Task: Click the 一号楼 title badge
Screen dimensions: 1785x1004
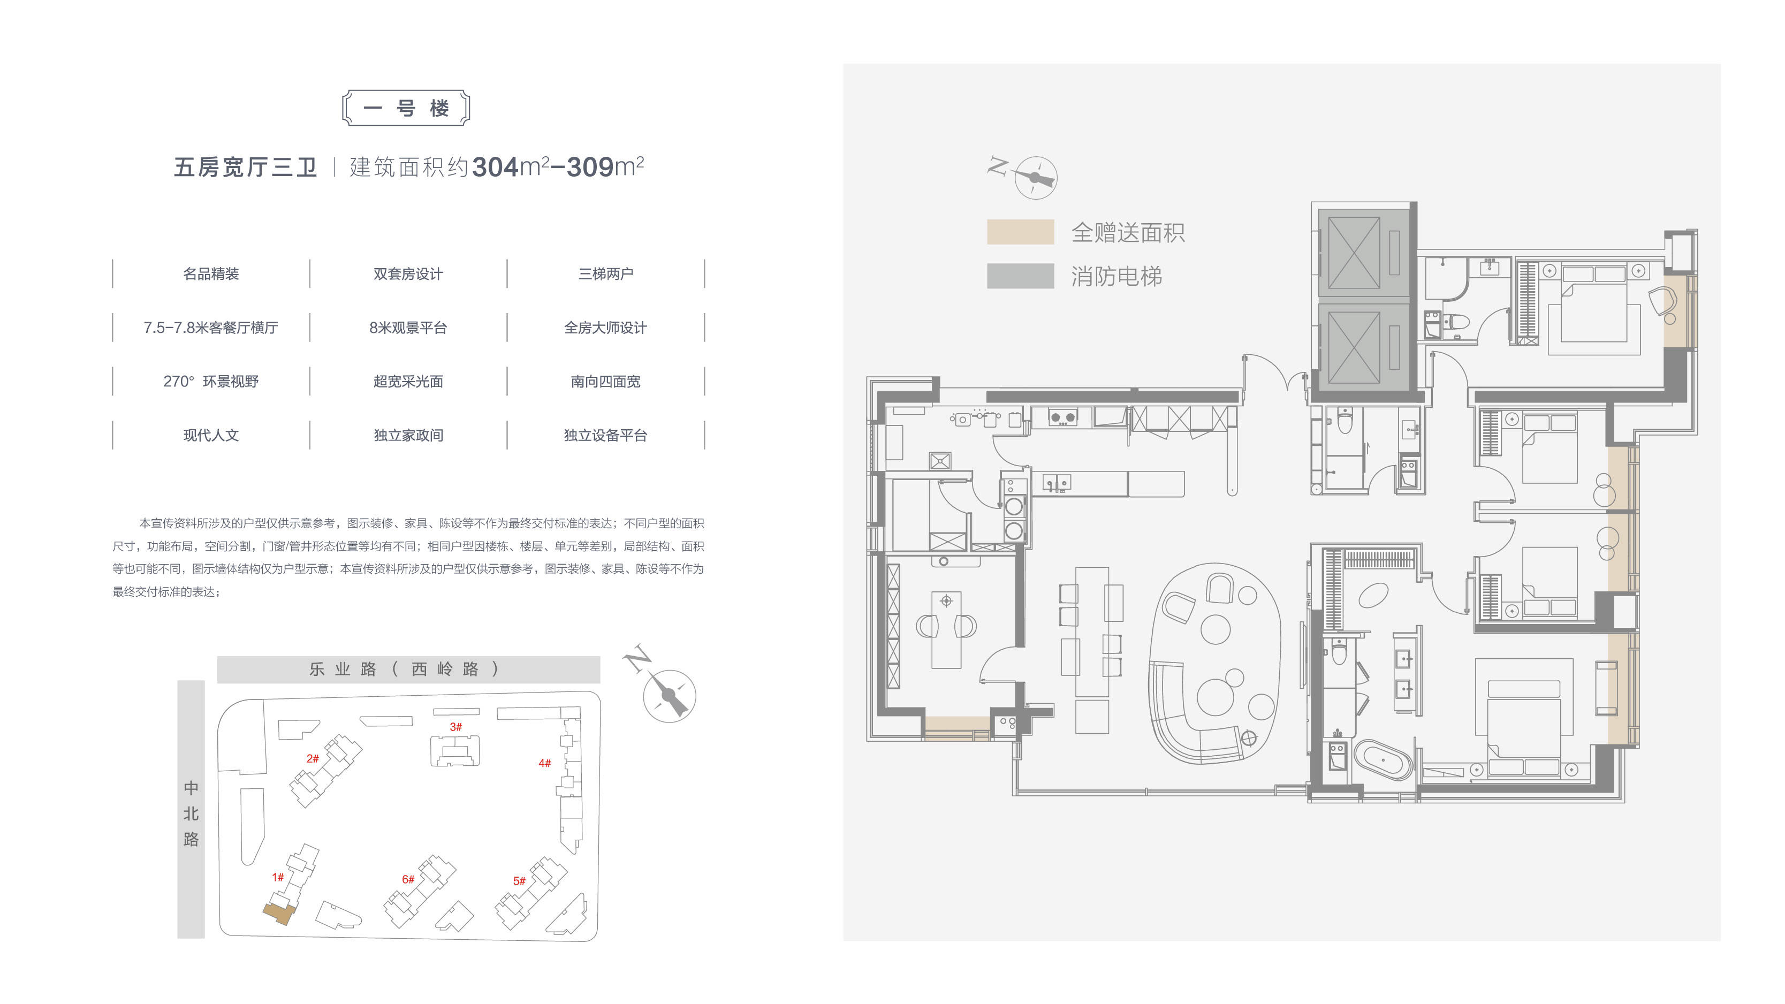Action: (406, 108)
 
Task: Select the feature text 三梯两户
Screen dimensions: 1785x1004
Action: (606, 273)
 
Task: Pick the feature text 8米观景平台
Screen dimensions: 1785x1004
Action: (408, 328)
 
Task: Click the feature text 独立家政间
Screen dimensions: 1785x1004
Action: (408, 435)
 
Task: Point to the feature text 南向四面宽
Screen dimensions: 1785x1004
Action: (606, 382)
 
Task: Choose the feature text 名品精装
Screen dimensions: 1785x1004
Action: (211, 273)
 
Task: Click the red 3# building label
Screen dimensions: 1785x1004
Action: (455, 727)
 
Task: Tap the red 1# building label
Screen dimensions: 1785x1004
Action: (278, 877)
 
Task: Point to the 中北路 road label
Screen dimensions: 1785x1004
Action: (191, 813)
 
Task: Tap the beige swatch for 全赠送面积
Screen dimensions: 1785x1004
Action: (1020, 232)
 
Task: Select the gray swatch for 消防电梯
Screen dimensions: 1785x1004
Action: (1020, 276)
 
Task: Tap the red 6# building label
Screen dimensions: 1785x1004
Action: (408, 879)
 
